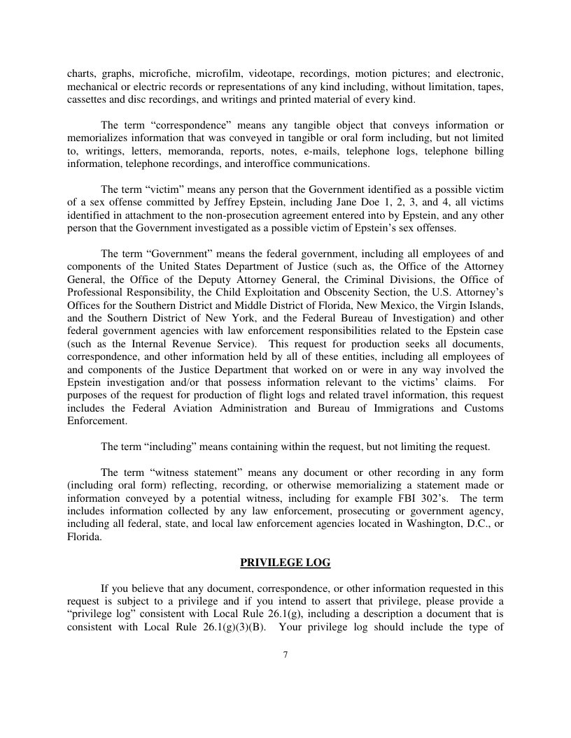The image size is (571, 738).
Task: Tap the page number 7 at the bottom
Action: (285, 655)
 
